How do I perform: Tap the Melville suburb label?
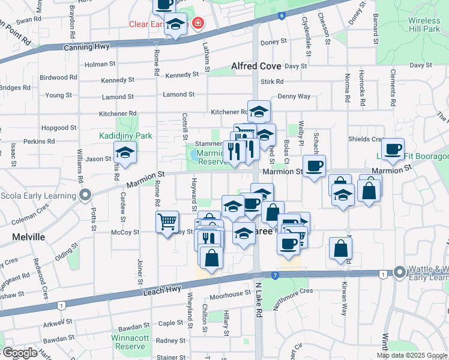(x=29, y=237)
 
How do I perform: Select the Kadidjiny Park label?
(x=126, y=136)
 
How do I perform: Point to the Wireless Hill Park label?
(x=424, y=25)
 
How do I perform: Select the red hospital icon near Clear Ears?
(x=197, y=25)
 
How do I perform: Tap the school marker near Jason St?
(x=125, y=154)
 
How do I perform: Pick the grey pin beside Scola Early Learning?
(x=85, y=195)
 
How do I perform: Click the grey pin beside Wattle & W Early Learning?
(x=399, y=272)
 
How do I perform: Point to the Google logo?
(x=20, y=353)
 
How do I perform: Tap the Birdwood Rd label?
(x=58, y=77)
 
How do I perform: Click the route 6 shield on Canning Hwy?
(x=281, y=15)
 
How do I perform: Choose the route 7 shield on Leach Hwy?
(x=275, y=275)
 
